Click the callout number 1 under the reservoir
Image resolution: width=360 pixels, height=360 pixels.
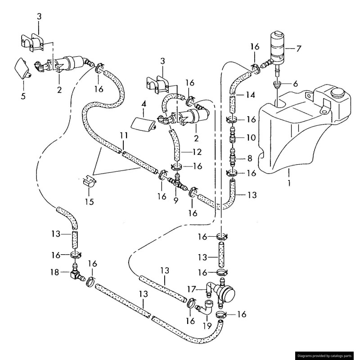pos(289,184)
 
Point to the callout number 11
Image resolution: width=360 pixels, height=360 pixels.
pos(124,135)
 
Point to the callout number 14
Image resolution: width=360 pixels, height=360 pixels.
pos(250,95)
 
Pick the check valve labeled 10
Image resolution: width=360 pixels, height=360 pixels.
pos(233,137)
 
